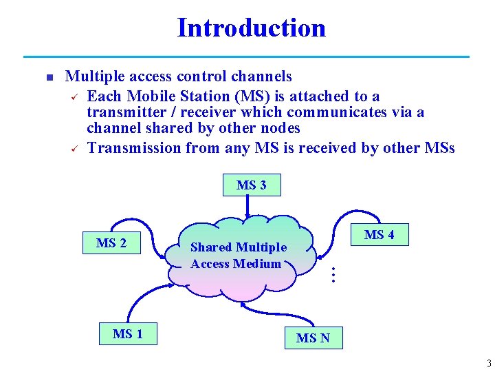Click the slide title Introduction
coord(251,28)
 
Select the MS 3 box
coord(252,185)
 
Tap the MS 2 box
coord(111,243)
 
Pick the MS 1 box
coord(129,334)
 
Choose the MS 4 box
coord(379,235)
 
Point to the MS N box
coord(313,338)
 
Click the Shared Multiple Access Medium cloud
coord(237,256)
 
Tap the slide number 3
coord(488,363)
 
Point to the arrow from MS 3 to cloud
coord(247,205)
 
